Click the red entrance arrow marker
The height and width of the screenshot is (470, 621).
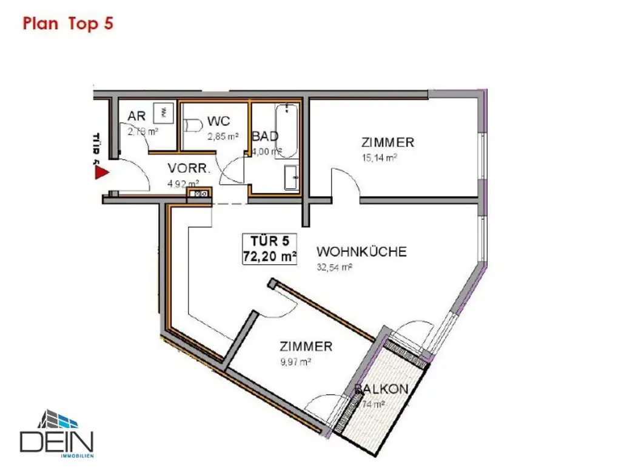click(101, 173)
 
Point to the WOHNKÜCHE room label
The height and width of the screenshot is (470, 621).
click(361, 251)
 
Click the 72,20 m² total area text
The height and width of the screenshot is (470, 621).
click(270, 257)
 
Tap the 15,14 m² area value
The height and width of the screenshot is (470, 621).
click(380, 157)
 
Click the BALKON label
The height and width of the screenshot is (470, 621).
click(381, 389)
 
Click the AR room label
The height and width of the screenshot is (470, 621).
click(136, 117)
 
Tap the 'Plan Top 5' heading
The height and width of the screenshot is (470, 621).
click(68, 24)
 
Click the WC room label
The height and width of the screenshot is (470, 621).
click(218, 121)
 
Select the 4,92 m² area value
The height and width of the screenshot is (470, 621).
click(183, 183)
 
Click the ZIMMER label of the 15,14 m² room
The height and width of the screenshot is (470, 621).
click(388, 143)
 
